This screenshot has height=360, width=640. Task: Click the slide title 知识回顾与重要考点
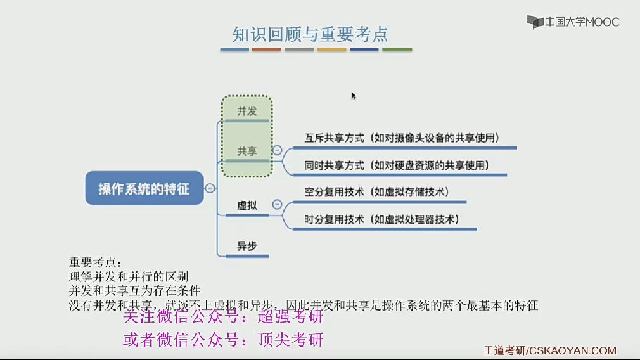click(310, 34)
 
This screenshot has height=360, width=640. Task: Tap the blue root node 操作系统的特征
click(144, 188)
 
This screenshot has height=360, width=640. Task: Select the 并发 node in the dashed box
click(247, 112)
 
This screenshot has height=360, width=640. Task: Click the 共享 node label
click(247, 151)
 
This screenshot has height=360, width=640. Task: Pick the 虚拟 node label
click(247, 205)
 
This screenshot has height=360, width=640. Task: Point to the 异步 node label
click(247, 247)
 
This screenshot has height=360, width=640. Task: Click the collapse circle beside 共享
click(277, 151)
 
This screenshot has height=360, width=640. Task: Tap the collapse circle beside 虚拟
click(277, 205)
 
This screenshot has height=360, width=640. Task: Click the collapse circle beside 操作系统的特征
click(210, 188)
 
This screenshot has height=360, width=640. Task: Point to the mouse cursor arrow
click(353, 95)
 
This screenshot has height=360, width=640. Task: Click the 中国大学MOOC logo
click(573, 22)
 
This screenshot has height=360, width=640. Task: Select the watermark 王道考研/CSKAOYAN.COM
click(549, 350)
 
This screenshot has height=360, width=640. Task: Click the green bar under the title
click(397, 49)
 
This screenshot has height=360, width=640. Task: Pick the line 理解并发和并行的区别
click(128, 277)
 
